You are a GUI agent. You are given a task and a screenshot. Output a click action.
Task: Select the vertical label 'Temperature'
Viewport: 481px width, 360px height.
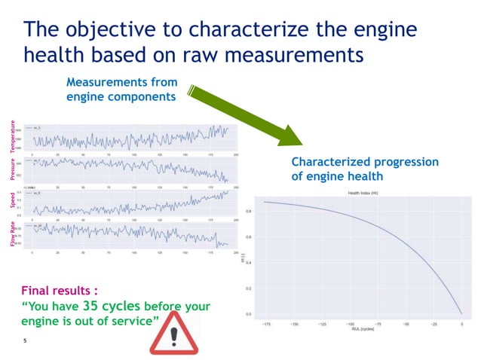[x=13, y=138]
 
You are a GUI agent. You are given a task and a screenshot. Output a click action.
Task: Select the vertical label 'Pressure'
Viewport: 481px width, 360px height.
[x=13, y=169]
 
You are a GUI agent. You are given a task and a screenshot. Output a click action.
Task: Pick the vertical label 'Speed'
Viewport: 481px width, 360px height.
[x=13, y=199]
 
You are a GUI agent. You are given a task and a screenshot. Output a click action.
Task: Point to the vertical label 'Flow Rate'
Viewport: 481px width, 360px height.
[x=13, y=233]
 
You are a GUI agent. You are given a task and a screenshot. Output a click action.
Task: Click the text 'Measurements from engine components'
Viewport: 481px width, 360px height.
[x=121, y=90]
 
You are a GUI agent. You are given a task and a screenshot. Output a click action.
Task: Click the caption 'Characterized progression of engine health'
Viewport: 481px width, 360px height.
[x=364, y=169]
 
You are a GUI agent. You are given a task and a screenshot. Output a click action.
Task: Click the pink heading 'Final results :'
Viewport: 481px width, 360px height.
[x=60, y=289]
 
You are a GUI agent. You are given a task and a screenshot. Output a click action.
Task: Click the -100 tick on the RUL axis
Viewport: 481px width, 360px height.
[x=349, y=324]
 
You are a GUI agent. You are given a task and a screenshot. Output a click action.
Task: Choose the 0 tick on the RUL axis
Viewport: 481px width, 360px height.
[x=461, y=324]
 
